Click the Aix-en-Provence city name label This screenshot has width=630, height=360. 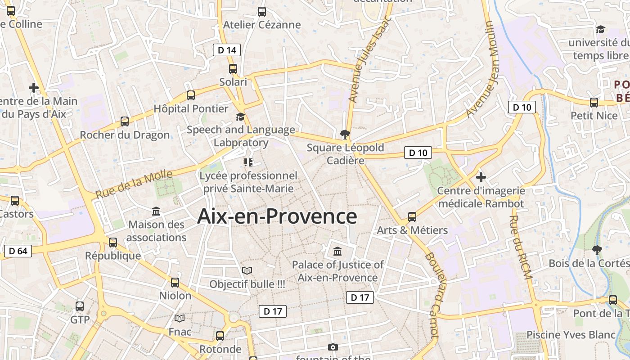coord(277,216)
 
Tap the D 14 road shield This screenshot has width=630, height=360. coord(227,50)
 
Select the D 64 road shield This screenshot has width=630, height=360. coord(18,251)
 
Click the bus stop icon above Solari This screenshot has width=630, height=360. coord(233,69)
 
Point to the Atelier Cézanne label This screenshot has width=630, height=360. coord(262,25)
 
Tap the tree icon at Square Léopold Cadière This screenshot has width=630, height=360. coord(345,134)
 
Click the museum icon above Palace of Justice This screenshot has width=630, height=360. coord(337,251)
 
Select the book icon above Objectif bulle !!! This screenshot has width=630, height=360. coord(247,270)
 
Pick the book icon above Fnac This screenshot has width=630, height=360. coord(180,319)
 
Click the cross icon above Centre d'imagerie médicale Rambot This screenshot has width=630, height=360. coord(481,177)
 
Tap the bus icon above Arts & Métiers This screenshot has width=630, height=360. coord(412,217)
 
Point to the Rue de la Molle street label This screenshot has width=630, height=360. coord(134,184)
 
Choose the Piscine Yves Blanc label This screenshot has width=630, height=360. coord(571,335)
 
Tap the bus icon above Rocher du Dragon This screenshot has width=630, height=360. coord(125,121)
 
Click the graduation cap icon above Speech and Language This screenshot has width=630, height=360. coord(240,117)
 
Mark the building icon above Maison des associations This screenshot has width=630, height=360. coord(156,211)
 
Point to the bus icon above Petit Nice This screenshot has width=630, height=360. coord(594,102)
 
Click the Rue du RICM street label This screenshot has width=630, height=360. coord(520,247)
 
